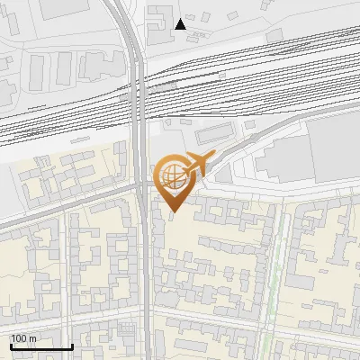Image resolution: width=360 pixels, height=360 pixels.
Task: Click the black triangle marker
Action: click(x=181, y=23)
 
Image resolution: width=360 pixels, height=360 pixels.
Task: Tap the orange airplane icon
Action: click(x=197, y=163)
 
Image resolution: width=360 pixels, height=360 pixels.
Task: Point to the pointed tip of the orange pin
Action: click(x=173, y=211)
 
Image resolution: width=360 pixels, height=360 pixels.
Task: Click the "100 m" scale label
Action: click(x=23, y=337)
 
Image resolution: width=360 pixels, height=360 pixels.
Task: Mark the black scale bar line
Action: click(x=40, y=346)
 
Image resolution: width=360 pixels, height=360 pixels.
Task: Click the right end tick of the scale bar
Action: click(x=72, y=345)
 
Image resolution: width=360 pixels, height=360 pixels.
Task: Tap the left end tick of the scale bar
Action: click(x=10, y=345)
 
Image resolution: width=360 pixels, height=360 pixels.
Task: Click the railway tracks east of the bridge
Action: click(x=252, y=72)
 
